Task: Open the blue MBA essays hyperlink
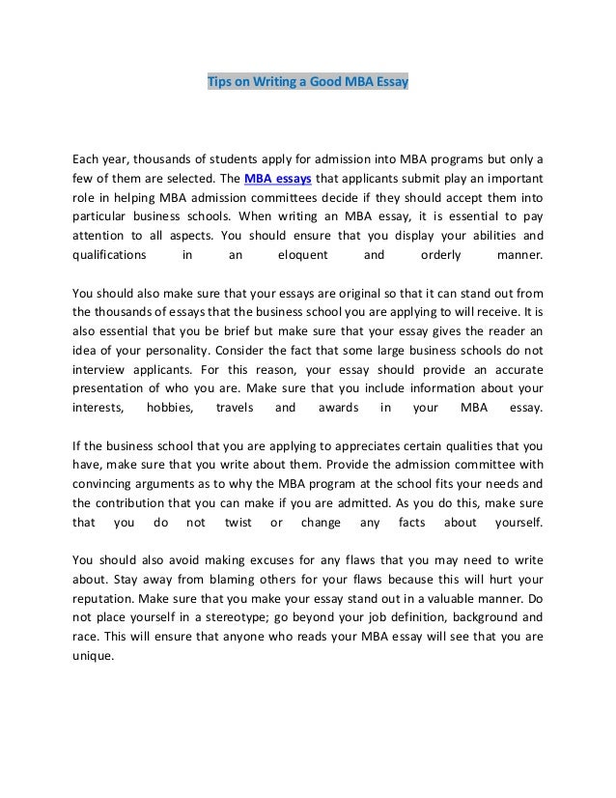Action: pyautogui.click(x=274, y=179)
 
